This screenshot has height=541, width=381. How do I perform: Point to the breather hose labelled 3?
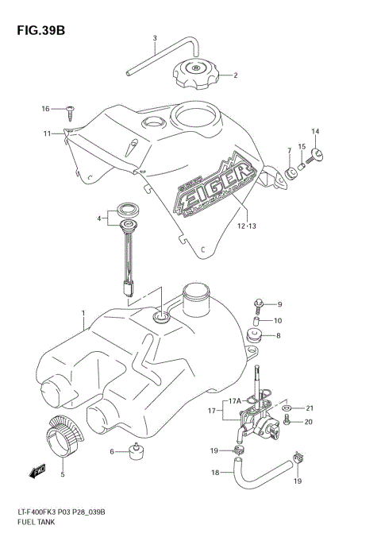[x=151, y=60]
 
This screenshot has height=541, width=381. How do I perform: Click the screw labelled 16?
[x=71, y=109]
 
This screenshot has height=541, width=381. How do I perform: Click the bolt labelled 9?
[x=258, y=304]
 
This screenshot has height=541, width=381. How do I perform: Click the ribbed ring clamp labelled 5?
[x=63, y=436]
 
